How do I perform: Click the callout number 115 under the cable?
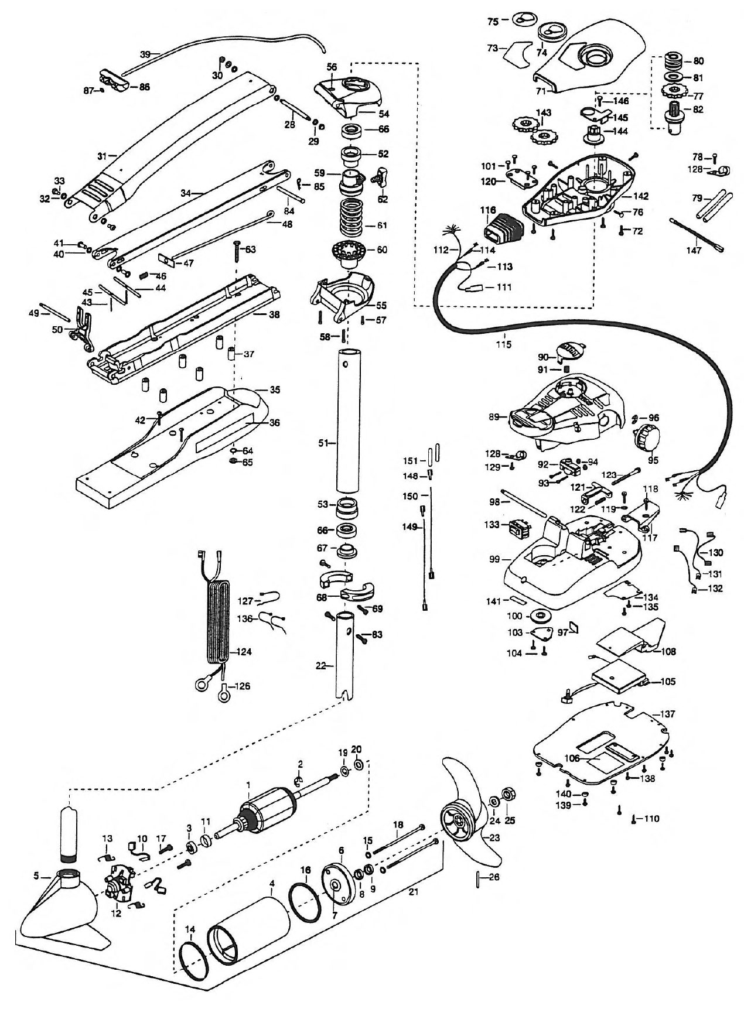pos(504,344)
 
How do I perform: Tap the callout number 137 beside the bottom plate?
pos(668,714)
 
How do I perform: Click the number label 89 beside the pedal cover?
pos(494,417)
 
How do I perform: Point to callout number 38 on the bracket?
pos(274,315)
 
